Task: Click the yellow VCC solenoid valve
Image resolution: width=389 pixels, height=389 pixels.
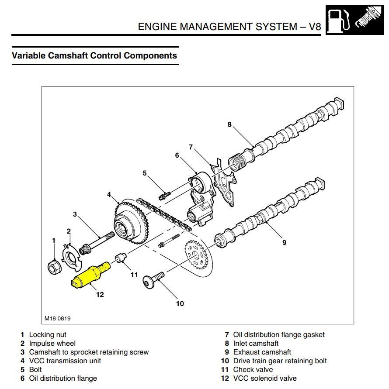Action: pyautogui.click(x=90, y=275)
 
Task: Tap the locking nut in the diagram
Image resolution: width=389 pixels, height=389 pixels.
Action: pyautogui.click(x=54, y=266)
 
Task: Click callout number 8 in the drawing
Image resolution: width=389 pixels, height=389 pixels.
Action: pyautogui.click(x=229, y=124)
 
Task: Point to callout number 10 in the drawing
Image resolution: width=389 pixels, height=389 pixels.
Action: pyautogui.click(x=180, y=303)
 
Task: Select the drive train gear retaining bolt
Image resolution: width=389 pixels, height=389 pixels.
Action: pyautogui.click(x=153, y=279)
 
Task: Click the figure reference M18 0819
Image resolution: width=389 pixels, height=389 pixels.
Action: pyautogui.click(x=57, y=318)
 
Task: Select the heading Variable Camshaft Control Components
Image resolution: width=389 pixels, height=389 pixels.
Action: pyautogui.click(x=94, y=56)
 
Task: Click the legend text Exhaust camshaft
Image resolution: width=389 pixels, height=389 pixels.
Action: pyautogui.click(x=262, y=352)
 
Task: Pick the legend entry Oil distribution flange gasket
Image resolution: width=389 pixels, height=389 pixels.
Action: pyautogui.click(x=279, y=334)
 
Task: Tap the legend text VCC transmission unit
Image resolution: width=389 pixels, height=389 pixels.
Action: pyautogui.click(x=65, y=361)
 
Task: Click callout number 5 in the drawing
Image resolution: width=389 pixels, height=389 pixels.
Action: pyautogui.click(x=145, y=173)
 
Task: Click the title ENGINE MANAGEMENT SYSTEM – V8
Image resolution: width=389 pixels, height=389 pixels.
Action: pyautogui.click(x=229, y=27)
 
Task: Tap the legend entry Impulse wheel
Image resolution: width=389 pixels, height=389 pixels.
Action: pyautogui.click(x=52, y=343)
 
